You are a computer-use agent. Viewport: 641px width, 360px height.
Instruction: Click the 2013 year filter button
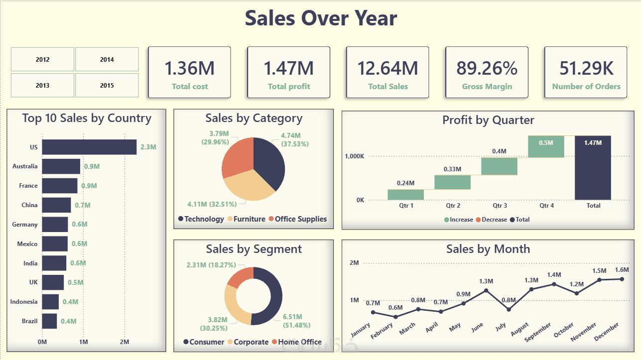[x=42, y=85]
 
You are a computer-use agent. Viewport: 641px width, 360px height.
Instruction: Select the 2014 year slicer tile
[x=107, y=59]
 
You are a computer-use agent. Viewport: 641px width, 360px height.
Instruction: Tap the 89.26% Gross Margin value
[x=487, y=68]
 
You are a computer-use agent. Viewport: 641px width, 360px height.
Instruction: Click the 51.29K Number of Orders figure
[x=586, y=68]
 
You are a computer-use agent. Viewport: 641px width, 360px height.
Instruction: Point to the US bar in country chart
[x=89, y=147]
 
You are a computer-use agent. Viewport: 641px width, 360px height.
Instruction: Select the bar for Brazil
[x=49, y=321]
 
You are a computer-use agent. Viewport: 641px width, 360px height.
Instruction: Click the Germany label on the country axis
[x=25, y=225]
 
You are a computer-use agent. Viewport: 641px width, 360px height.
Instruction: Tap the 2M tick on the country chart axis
[x=125, y=342]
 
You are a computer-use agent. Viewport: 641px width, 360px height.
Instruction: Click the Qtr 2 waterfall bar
[x=452, y=182]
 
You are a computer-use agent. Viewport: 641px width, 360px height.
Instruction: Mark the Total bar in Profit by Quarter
[x=593, y=168]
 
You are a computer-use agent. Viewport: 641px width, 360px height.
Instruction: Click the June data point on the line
[x=486, y=290]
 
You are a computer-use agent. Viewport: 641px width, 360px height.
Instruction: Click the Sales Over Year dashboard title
[x=321, y=18]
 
